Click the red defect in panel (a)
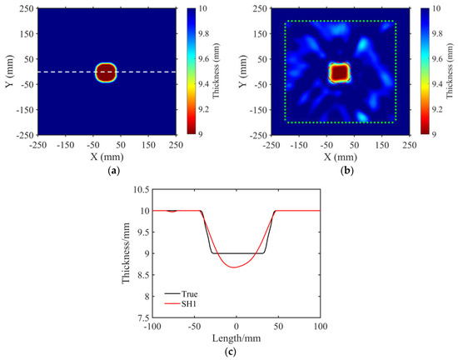pyautogui.click(x=107, y=72)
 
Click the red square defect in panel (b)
pyautogui.click(x=340, y=72)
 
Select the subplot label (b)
pyautogui.click(x=340, y=169)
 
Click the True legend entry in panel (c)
pyautogui.click(x=182, y=293)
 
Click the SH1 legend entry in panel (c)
pyautogui.click(x=182, y=304)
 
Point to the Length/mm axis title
pyautogui.click(x=236, y=335)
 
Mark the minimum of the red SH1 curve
pyautogui.click(x=236, y=267)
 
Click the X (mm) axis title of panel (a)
pyautogui.click(x=107, y=157)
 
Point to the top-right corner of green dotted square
pyautogui.click(x=395, y=22)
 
